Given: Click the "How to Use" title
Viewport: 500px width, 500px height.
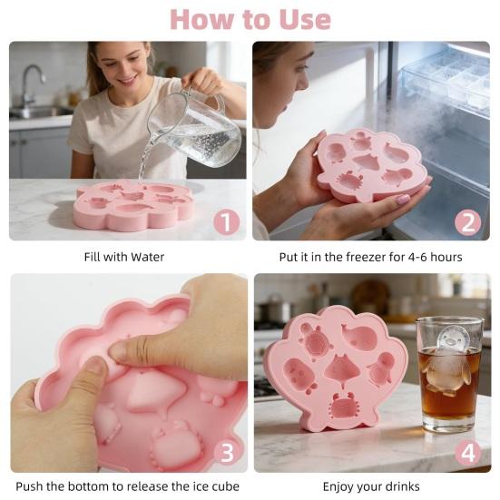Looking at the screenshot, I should [250, 18].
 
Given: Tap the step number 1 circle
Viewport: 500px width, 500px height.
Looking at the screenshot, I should [226, 221].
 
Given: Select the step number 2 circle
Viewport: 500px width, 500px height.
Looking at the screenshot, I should [467, 221].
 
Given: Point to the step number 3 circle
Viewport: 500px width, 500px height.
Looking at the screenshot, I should [226, 451].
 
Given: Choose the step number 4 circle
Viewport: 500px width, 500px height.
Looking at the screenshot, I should [467, 451].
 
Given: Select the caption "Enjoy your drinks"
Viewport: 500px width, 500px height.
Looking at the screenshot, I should [373, 486].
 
